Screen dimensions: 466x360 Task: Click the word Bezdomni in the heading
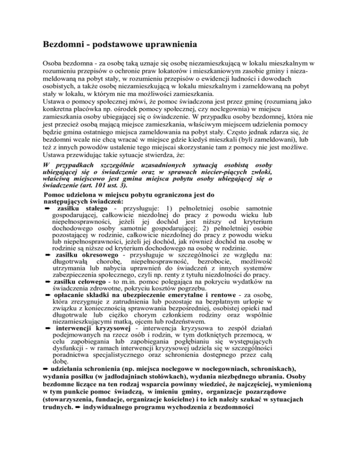point(67,46)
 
